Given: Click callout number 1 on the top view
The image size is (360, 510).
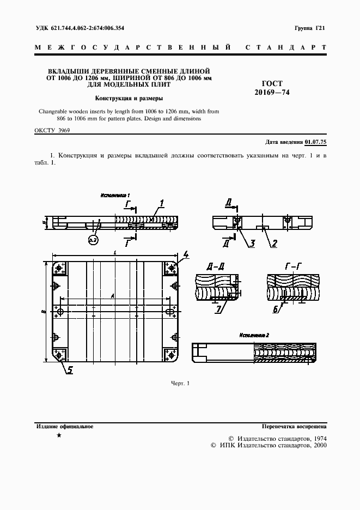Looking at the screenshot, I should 162,204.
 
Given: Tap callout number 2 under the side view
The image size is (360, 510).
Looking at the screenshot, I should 275,244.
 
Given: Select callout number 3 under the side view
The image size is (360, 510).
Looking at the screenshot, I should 253,244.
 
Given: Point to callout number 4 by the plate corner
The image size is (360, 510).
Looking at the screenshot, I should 185,254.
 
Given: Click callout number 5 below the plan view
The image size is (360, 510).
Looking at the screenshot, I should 70,370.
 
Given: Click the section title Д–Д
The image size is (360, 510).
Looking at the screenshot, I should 215,266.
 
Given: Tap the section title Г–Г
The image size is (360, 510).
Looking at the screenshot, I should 292,266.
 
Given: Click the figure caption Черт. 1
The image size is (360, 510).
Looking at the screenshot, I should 180,384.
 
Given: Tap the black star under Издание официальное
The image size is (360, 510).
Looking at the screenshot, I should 59,435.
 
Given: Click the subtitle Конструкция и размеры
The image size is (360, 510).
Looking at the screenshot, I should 129,99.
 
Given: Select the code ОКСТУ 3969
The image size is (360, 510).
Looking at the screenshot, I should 52,131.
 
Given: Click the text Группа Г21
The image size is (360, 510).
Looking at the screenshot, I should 309,29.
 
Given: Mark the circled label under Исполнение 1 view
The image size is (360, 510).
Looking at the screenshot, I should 91,239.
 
